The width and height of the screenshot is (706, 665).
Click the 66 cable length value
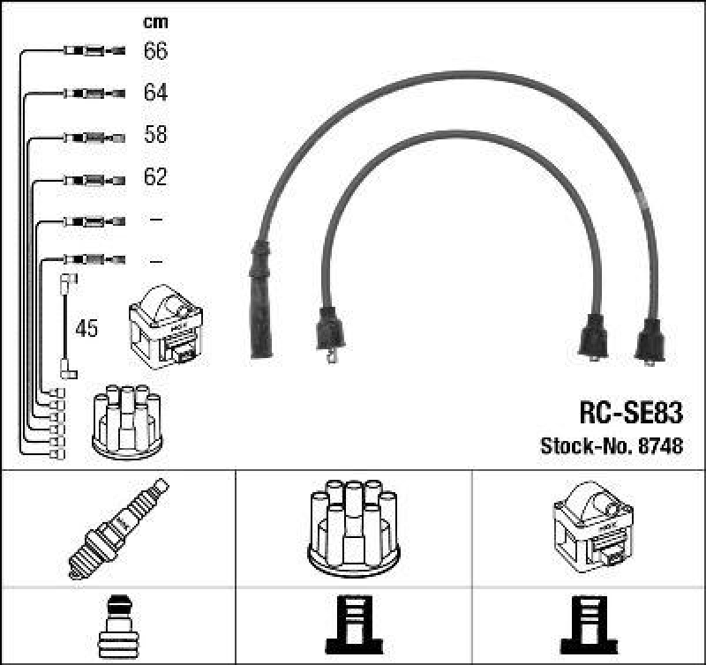click(x=155, y=51)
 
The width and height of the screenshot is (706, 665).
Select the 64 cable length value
click(x=155, y=93)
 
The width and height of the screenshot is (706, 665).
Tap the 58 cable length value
click(x=155, y=135)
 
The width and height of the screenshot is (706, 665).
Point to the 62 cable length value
click(x=155, y=177)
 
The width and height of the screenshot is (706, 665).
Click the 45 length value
click(x=86, y=330)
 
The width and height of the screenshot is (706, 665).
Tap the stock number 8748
click(x=660, y=446)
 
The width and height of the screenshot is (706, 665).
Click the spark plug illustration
click(x=117, y=528)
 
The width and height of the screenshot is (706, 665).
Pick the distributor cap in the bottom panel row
click(x=353, y=527)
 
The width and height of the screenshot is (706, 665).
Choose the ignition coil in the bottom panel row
click(x=592, y=527)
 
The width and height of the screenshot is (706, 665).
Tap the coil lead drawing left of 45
click(x=66, y=326)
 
